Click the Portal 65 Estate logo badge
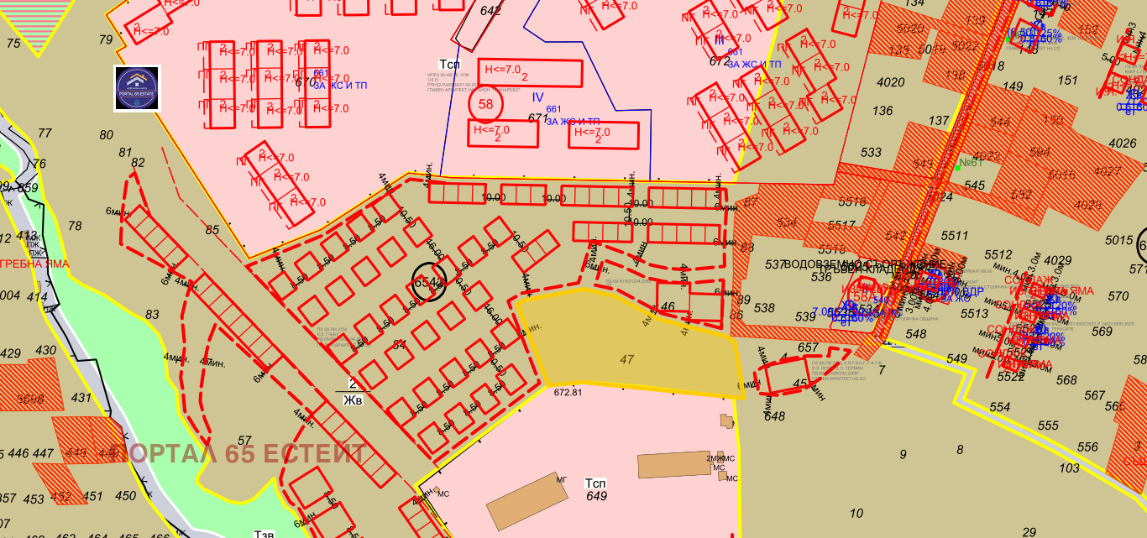(137, 88)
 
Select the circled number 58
(485, 104)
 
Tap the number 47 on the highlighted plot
(626, 359)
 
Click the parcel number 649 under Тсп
(596, 496)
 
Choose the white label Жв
(353, 400)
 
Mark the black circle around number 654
(428, 283)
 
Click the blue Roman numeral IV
(537, 97)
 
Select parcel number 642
(490, 11)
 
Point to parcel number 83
(152, 315)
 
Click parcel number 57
(244, 440)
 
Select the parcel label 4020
(890, 82)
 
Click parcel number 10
(856, 514)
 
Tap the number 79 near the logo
(105, 39)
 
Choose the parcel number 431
(81, 397)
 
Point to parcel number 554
(999, 407)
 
